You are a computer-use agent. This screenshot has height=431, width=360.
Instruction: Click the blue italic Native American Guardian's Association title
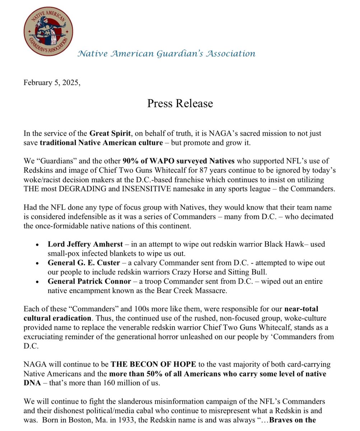167,54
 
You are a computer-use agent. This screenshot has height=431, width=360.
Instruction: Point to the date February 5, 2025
52,82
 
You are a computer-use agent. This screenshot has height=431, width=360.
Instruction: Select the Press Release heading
180,103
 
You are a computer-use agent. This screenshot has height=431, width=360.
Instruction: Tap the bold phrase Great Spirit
110,134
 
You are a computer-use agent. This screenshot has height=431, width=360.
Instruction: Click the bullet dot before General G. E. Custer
38,263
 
